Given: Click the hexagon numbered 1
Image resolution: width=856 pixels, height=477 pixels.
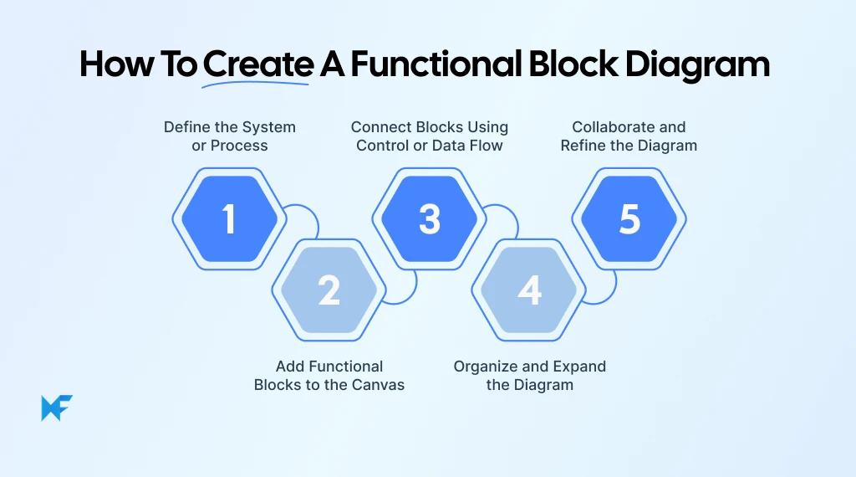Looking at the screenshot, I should pyautogui.click(x=229, y=219).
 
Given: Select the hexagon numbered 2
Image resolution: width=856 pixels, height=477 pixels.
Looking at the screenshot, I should pyautogui.click(x=329, y=290).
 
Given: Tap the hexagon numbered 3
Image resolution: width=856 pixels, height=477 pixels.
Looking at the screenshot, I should pyautogui.click(x=429, y=219).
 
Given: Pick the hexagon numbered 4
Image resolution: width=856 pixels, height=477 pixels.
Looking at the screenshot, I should pyautogui.click(x=529, y=290).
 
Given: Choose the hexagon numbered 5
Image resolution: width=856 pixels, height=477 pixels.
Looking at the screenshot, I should pyautogui.click(x=629, y=219).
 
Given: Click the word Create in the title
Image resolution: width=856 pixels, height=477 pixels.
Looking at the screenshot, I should pyautogui.click(x=257, y=65).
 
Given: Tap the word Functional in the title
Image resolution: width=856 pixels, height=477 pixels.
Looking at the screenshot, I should pyautogui.click(x=446, y=65).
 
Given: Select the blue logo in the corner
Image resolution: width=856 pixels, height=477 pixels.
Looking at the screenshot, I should pyautogui.click(x=57, y=408).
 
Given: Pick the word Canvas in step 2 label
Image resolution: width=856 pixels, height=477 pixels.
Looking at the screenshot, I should pyautogui.click(x=379, y=385).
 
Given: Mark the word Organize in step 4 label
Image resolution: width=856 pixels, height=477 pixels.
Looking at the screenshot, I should pyautogui.click(x=487, y=367).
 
